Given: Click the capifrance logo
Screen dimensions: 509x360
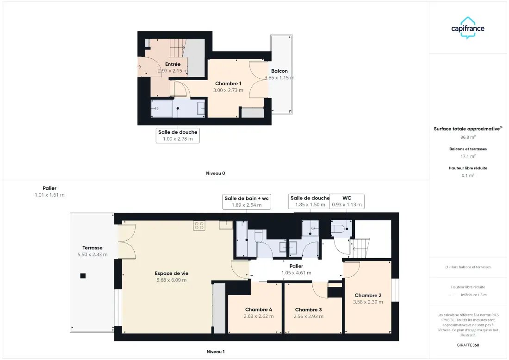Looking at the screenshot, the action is tap(468, 28).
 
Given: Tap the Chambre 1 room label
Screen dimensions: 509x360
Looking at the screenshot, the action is tap(228, 83).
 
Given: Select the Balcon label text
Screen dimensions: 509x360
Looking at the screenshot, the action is tap(279, 71).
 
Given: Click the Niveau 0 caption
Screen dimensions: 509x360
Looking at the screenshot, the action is tap(216, 174).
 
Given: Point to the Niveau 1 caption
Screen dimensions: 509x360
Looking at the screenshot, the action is tap(216, 352).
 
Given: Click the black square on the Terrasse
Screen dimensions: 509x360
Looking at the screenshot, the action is tap(83, 276).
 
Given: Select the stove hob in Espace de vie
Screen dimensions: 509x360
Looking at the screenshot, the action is tap(199, 226).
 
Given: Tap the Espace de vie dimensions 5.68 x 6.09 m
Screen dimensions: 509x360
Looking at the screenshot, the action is tap(171, 280).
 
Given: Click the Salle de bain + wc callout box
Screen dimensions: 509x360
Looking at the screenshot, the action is tap(247, 202).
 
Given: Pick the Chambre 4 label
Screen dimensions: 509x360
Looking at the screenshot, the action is tap(259, 310).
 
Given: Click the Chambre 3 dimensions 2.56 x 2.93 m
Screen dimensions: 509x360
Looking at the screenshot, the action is tap(308, 317).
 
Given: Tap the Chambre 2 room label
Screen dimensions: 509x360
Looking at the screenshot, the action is tap(368, 295).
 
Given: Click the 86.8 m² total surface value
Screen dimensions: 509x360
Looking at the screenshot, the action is tap(468, 137).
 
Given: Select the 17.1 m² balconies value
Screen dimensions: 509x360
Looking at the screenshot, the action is tap(468, 156).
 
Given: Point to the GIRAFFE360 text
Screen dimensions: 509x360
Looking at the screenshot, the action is tap(468, 345).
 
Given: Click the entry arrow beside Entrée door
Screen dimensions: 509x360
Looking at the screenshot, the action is tap(139, 67).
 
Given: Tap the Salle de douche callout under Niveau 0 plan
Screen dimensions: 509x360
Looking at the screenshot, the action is tap(178, 136).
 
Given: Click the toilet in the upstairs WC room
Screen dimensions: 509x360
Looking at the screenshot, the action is tap(338, 229).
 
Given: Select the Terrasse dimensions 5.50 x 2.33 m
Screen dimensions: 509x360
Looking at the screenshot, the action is tap(93, 255).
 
